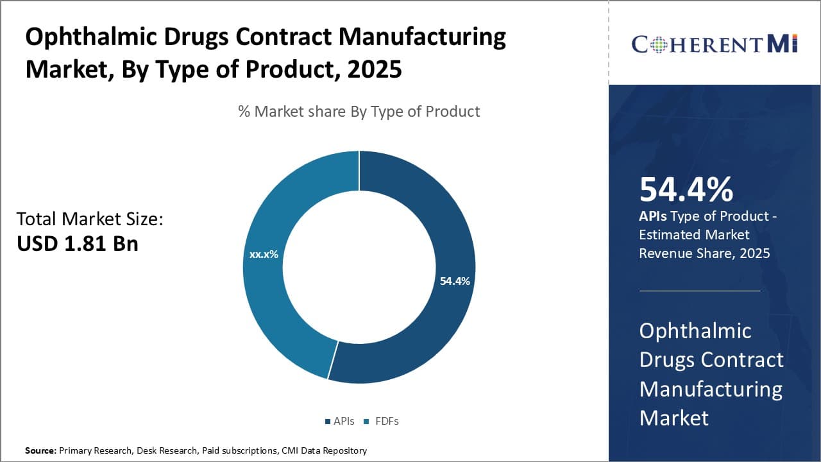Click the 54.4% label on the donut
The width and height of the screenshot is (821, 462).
[x=455, y=281]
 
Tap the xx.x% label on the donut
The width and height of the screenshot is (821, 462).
[x=264, y=254]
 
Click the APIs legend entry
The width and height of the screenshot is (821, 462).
[x=339, y=421]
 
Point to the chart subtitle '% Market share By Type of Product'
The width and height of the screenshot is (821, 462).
[x=359, y=111]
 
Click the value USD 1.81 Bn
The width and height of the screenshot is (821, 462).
[x=77, y=244]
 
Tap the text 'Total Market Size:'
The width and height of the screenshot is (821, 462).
[x=90, y=219]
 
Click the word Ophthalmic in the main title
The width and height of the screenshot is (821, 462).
[x=83, y=37]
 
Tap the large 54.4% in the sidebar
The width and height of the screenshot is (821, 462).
[x=686, y=190]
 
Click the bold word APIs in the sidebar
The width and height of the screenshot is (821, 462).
[x=653, y=216]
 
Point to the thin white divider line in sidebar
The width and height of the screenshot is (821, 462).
[x=699, y=291]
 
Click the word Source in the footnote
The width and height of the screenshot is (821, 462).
[x=40, y=450]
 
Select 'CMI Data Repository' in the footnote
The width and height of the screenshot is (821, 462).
[x=324, y=450]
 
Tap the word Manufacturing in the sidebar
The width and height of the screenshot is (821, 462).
[x=711, y=389]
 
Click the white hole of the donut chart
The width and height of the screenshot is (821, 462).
[x=359, y=267]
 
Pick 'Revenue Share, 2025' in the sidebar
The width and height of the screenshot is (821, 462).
[x=704, y=253]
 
